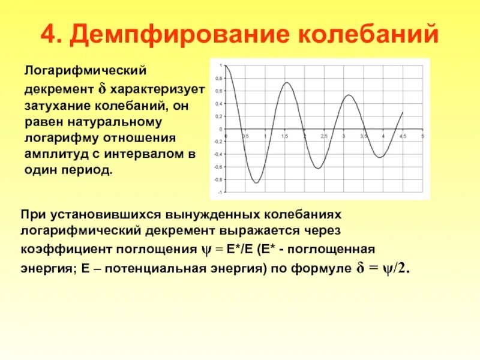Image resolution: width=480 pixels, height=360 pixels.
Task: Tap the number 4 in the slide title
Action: [x=48, y=35]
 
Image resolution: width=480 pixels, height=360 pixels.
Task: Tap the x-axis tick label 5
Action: [x=422, y=137]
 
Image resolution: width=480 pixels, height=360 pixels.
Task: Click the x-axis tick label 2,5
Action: [x=324, y=137]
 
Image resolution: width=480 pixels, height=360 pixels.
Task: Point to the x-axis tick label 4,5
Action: [x=403, y=137]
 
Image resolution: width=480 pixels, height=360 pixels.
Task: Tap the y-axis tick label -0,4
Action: [x=218, y=154]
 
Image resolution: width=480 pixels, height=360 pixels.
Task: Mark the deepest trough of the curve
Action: [x=257, y=183]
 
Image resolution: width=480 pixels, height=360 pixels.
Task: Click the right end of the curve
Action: [x=403, y=112]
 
